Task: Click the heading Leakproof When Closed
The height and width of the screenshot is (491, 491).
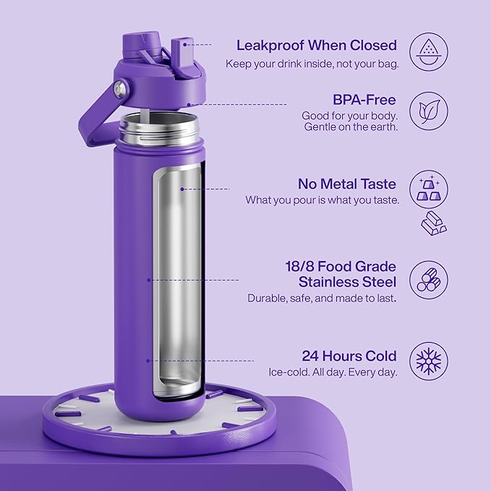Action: [316, 45]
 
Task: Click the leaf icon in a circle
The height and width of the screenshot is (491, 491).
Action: [428, 111]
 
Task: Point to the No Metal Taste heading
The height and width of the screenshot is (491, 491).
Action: [347, 183]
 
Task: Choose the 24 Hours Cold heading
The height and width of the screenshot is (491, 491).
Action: [349, 356]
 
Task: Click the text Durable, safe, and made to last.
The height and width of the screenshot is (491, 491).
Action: [321, 297]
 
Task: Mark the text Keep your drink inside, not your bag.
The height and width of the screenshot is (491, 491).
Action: [311, 63]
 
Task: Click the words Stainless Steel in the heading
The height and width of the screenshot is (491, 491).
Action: [347, 281]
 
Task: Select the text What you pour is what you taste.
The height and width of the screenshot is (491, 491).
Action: [322, 200]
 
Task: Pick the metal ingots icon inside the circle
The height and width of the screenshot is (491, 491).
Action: [428, 189]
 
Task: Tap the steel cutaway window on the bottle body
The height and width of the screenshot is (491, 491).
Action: [176, 282]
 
